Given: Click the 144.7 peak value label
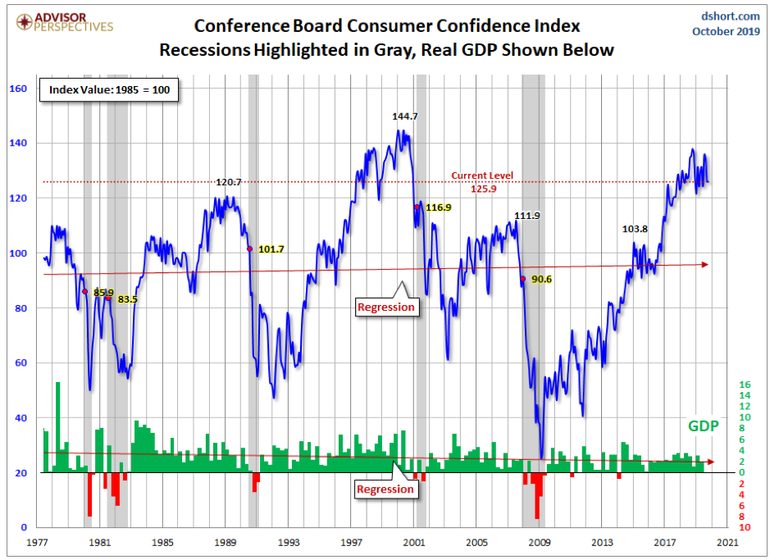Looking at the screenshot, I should click(x=405, y=116).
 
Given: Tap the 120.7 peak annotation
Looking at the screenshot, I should click(x=228, y=182).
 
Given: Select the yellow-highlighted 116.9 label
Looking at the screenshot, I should click(x=437, y=207).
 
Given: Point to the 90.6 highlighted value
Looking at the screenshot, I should click(x=542, y=280).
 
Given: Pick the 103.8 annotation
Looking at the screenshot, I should click(x=636, y=230).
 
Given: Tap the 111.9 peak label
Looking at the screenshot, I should click(x=528, y=216).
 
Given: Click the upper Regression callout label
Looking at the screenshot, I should click(x=386, y=307).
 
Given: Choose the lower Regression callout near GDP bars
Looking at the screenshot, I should click(x=385, y=489).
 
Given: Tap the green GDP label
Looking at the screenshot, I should click(x=703, y=426).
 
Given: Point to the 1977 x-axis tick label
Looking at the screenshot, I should click(x=36, y=543).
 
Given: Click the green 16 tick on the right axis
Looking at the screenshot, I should click(x=745, y=385).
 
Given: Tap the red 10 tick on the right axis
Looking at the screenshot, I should click(x=745, y=527).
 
